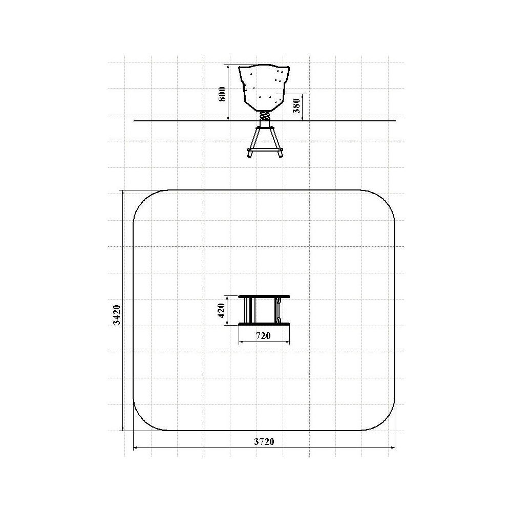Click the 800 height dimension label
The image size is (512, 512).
222,94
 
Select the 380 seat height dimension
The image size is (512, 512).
296,105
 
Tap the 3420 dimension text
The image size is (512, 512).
117,315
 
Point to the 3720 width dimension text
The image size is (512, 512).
264,442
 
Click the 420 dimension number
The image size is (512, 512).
221,311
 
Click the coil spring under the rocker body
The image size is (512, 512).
265,116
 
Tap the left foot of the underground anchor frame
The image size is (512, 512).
249,153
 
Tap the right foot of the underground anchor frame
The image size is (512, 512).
280,153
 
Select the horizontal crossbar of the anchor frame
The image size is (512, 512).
265,149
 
